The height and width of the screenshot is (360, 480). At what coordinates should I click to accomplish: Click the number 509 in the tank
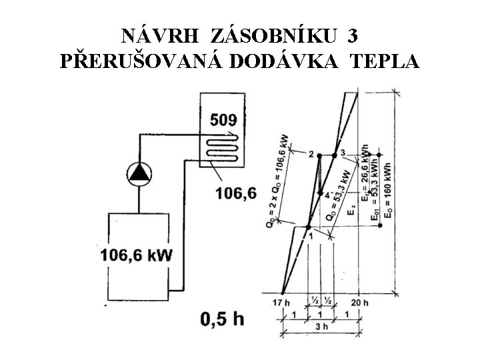point(223,121)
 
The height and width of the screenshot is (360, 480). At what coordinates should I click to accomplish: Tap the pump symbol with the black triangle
point(139,173)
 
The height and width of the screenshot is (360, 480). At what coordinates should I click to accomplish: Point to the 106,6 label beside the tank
point(235,194)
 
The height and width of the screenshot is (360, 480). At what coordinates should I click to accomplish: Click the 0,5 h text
point(222,319)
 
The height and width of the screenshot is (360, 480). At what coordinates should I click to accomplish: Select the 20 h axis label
point(361,302)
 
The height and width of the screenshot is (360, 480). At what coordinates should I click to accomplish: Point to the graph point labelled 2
point(319,155)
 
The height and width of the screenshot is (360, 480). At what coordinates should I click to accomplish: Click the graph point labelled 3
point(335,155)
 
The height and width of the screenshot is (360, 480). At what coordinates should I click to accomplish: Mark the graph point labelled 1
point(309,227)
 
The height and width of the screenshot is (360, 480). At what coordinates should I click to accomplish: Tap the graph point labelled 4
point(321,193)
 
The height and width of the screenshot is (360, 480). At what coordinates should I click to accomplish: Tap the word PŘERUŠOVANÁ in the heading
point(141,61)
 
